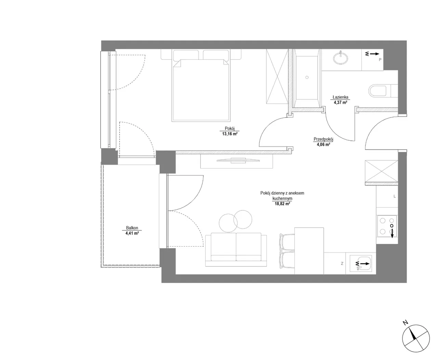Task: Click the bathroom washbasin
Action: pos(340,58)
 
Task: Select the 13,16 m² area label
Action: pos(230,134)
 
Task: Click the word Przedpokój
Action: pos(323,139)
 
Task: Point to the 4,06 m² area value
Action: pos(323,145)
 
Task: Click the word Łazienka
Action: pos(340,97)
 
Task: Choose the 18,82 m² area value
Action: pos(282,204)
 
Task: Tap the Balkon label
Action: pos(132,228)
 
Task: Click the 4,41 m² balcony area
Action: pos(132,233)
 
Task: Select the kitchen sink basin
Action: pos(361,263)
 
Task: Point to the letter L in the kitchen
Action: pos(395,196)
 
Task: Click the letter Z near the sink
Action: pos(342,263)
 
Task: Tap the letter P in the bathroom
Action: pos(380,60)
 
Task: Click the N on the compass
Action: pos(405,323)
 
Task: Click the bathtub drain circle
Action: pos(307,77)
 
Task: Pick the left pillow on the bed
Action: pos(186,55)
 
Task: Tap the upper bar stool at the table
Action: pos(287,242)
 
